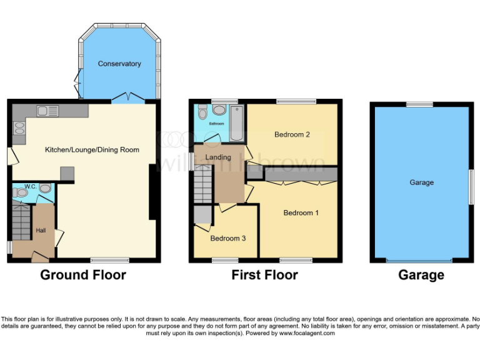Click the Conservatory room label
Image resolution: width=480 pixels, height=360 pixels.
[119, 64]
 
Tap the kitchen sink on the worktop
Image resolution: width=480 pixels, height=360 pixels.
[47, 111]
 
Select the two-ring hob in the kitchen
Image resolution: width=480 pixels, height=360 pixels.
[18, 129]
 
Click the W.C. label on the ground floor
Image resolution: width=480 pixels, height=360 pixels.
[29, 186]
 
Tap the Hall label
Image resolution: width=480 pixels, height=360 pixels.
[41, 231]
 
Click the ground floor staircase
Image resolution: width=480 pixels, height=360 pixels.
[21, 222]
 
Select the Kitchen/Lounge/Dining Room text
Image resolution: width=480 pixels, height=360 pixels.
[92, 150]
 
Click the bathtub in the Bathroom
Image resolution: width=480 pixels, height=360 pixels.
[237, 122]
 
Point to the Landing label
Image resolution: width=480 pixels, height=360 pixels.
[218, 157]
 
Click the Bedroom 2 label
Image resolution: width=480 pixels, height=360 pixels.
[292, 134]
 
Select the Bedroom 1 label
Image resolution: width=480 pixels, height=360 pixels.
[301, 213]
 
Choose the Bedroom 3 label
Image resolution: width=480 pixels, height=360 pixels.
[227, 239]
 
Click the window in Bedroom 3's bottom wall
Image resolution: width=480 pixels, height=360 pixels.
[225, 259]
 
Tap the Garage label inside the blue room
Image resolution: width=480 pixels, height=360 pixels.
[421, 182]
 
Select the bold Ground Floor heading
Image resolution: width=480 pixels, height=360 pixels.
[83, 275]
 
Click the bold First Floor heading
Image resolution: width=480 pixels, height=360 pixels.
[264, 275]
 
